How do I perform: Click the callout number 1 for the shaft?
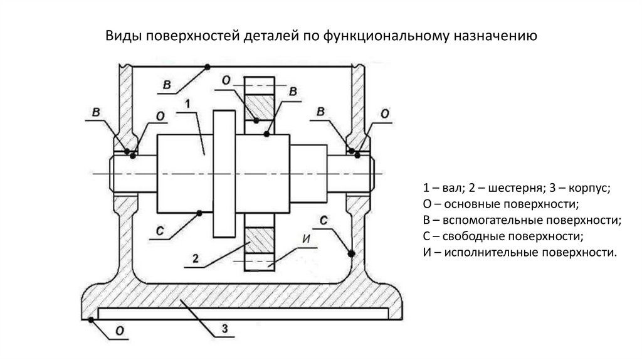[x=187, y=102]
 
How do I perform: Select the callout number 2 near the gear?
[x=196, y=258]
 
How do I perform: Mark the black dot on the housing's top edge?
[x=208, y=67]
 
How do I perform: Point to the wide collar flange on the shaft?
[x=224, y=173]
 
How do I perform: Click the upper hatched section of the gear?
[x=260, y=103]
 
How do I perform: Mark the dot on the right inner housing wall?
[x=351, y=253]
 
